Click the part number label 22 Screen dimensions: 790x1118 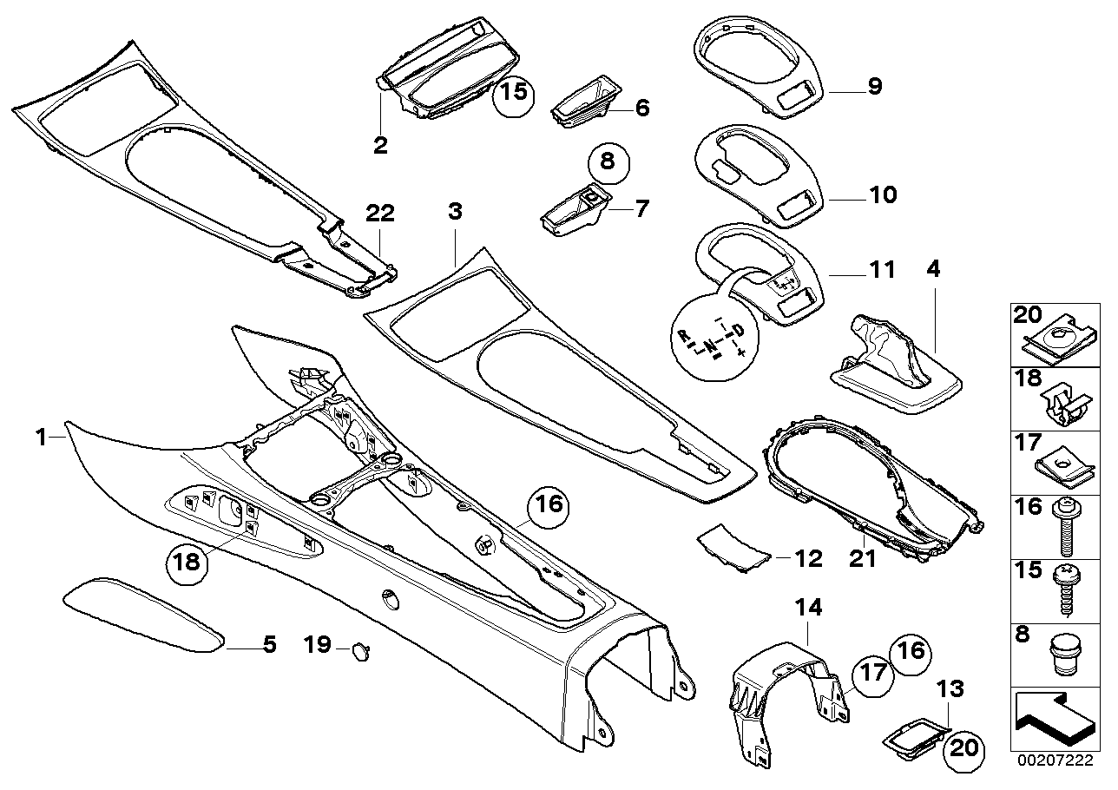point(380,213)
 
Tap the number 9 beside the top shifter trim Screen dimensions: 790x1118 point(874,85)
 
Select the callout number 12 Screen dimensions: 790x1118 point(808,558)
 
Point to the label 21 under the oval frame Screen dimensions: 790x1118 point(863,560)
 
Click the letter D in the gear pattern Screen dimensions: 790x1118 point(737,331)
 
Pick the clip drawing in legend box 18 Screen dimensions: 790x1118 point(1062,402)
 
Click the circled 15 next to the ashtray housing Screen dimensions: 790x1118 point(514,93)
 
